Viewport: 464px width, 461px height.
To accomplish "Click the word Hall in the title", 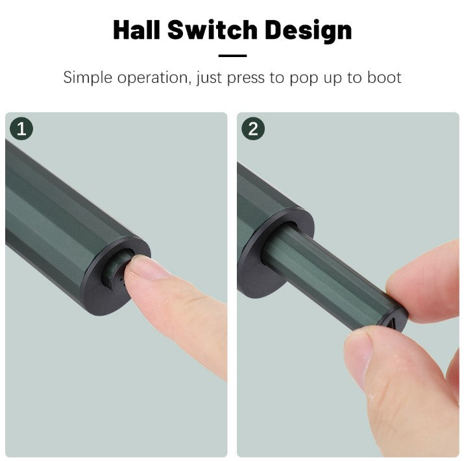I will (x=138, y=30).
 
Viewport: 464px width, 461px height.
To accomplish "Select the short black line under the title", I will (x=232, y=56).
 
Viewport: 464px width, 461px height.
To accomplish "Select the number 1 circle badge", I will (x=21, y=129).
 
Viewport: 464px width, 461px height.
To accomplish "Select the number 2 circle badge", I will (x=252, y=129).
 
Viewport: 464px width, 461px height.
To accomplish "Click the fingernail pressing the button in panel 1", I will (x=148, y=266).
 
